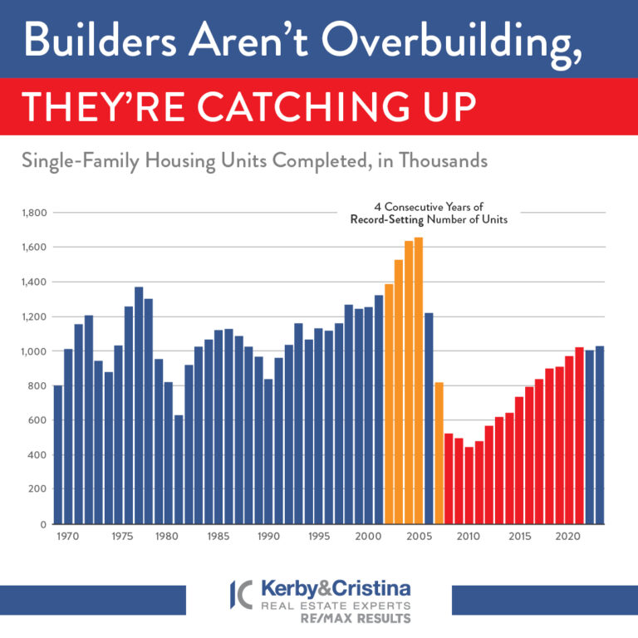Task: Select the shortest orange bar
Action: [439, 453]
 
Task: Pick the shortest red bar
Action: [469, 485]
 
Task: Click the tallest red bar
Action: [580, 435]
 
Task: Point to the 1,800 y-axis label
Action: [35, 213]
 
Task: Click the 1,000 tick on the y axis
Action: [35, 351]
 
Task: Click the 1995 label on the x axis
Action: [318, 537]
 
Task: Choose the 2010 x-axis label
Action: [469, 537]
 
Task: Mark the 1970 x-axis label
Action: [68, 537]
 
